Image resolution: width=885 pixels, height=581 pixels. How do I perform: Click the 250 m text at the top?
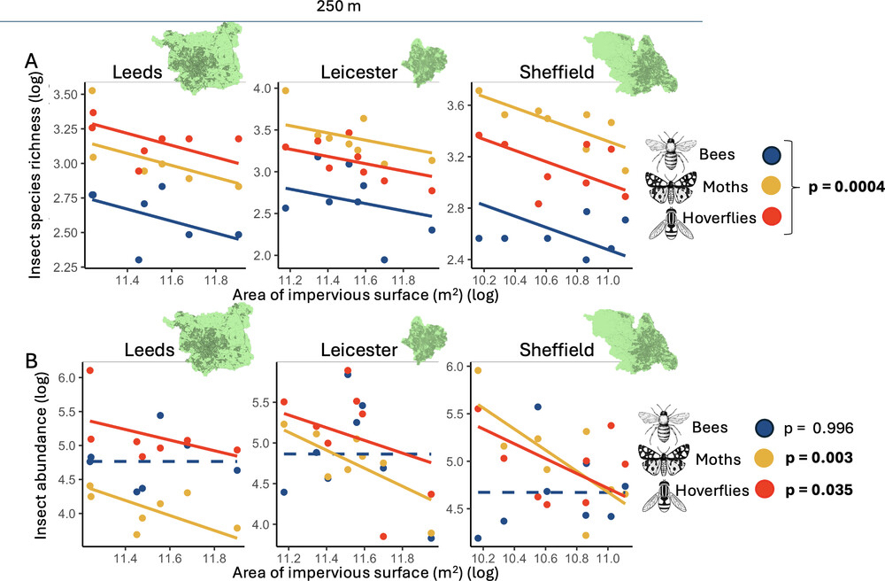[339, 7]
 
